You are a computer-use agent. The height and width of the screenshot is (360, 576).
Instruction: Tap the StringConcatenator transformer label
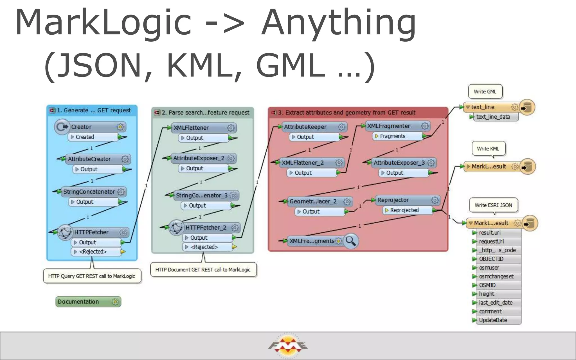click(x=89, y=192)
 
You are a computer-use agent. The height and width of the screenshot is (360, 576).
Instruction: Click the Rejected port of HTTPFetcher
click(x=96, y=252)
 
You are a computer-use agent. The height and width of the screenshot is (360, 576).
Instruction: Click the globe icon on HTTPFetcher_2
click(x=177, y=228)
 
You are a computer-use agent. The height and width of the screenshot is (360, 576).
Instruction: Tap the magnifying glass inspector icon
click(x=351, y=241)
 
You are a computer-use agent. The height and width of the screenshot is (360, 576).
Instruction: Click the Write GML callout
click(x=485, y=92)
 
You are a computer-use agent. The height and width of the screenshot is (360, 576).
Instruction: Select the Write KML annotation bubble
click(x=488, y=149)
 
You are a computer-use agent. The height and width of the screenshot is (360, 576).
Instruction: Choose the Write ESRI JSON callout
click(x=493, y=205)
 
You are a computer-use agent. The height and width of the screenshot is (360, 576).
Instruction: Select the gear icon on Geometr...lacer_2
click(x=347, y=201)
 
